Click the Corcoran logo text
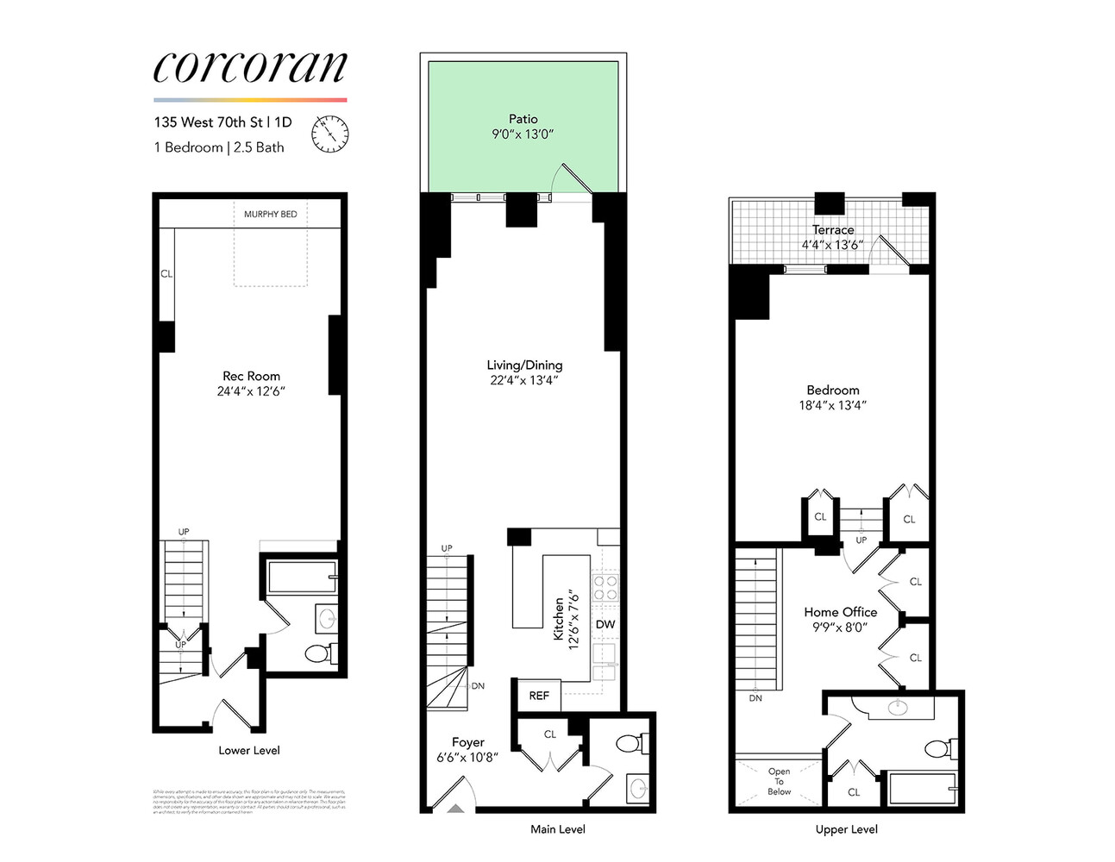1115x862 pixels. pos(250,67)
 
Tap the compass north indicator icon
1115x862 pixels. pos(329,133)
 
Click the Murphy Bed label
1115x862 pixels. pos(270,214)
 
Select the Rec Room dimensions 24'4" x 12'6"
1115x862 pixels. pos(251,391)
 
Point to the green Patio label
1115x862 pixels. pos(523,119)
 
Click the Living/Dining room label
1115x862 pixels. pos(524,365)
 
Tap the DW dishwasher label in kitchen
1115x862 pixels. pos(605,624)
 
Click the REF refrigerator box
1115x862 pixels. pos(539,696)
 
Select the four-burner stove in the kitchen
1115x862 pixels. pos(605,587)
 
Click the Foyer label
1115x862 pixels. pos(468,742)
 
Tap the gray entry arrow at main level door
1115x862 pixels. pos(454,808)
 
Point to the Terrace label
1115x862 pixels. pos(833,229)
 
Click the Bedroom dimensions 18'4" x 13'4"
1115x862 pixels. pos(832,405)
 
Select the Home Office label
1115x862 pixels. pos(840,612)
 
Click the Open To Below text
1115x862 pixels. pos(779,781)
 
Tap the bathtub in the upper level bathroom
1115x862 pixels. pos(922,788)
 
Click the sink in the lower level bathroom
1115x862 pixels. pos(327,618)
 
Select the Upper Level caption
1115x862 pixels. pos(846,829)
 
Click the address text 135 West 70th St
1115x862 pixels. pos(208,122)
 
